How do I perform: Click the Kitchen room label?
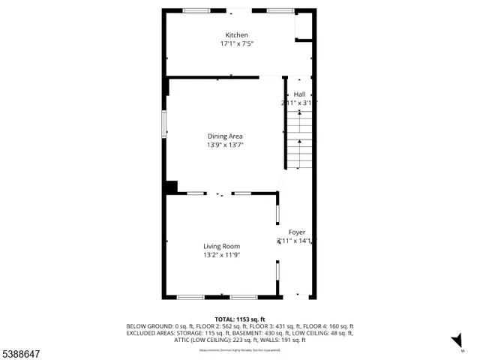(x=236, y=35)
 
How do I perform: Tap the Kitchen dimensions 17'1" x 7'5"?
(x=236, y=44)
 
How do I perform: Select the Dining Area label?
(x=225, y=136)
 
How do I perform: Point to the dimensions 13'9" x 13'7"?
(x=225, y=145)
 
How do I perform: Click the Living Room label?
(x=221, y=246)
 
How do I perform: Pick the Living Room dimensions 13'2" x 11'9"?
(x=221, y=255)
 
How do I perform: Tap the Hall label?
(x=299, y=94)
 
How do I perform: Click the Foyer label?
(x=297, y=232)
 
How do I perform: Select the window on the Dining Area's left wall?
(x=164, y=124)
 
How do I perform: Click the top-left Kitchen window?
(x=196, y=10)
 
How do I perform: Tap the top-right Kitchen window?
(x=280, y=10)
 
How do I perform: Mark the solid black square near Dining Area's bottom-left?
(x=171, y=187)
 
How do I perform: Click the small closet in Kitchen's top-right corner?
(x=303, y=28)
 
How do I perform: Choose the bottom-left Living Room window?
(x=190, y=298)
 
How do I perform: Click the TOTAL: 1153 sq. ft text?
(x=240, y=319)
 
